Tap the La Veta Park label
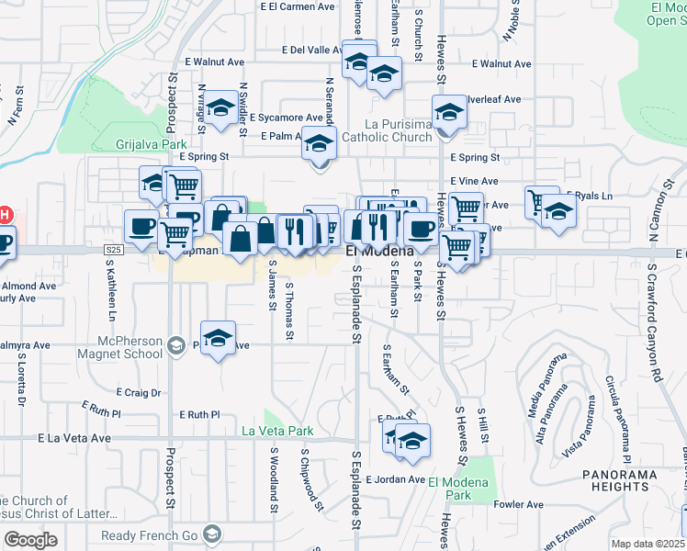277,431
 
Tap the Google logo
30,539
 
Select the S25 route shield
113,249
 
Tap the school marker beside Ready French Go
213,534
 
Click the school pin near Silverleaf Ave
449,112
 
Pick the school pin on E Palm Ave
319,144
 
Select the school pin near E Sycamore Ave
220,109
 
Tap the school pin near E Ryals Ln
557,209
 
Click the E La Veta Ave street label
74,439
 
